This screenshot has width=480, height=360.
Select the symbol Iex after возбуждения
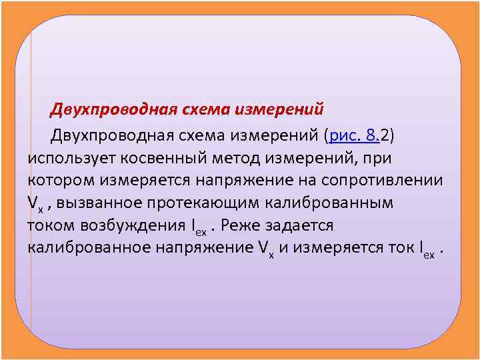pyautogui.click(x=198, y=227)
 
